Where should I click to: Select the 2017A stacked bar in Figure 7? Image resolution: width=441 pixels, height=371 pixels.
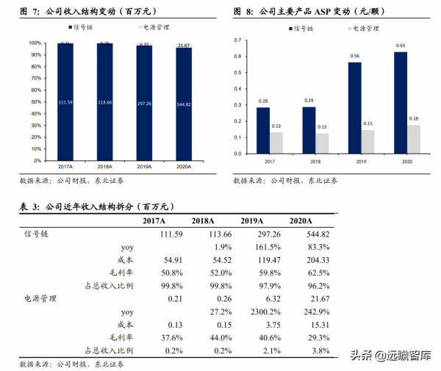(x=66, y=103)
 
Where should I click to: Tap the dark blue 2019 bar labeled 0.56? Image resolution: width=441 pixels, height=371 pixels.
(x=354, y=108)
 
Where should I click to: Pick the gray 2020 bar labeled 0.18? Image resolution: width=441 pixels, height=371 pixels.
(x=415, y=140)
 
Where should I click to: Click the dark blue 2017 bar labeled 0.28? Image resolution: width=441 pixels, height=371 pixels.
(x=262, y=131)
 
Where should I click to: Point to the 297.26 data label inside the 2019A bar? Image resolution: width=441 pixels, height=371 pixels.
(x=144, y=103)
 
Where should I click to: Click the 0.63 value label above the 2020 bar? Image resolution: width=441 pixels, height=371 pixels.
(x=400, y=46)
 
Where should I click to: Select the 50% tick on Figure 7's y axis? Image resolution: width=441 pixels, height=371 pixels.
(x=35, y=102)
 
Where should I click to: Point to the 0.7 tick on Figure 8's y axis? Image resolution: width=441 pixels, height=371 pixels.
(x=237, y=37)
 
